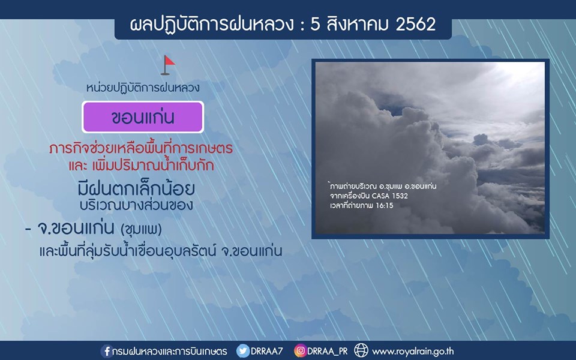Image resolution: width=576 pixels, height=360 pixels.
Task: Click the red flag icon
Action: (x=168, y=65)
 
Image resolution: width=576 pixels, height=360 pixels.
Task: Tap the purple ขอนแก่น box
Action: (x=143, y=117)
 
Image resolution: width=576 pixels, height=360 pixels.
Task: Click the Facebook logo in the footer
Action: (x=106, y=351)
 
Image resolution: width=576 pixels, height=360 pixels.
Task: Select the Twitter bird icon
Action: (x=243, y=351)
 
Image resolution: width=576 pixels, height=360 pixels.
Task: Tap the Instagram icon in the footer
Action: (x=300, y=351)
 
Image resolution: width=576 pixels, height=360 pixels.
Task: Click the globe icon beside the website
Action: (x=361, y=350)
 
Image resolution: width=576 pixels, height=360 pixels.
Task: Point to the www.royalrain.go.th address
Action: (x=413, y=352)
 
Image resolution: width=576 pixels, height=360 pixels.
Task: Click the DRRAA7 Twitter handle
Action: (x=266, y=351)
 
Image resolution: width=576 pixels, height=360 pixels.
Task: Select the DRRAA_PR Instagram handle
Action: (x=328, y=351)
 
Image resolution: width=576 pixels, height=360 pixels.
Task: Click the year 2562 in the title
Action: (x=416, y=24)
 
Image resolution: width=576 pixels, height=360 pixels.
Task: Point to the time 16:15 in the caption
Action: (x=384, y=206)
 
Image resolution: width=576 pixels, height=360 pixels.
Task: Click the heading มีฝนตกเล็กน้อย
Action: (x=136, y=188)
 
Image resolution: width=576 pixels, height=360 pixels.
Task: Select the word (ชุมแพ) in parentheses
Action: (x=142, y=230)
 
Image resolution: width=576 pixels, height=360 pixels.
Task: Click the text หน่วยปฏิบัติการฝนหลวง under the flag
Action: (x=143, y=88)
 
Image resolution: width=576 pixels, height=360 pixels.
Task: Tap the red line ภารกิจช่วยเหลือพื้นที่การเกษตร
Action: (x=141, y=148)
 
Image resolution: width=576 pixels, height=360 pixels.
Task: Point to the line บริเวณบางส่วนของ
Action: (x=136, y=205)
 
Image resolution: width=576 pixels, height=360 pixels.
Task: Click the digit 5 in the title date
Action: (x=315, y=25)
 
